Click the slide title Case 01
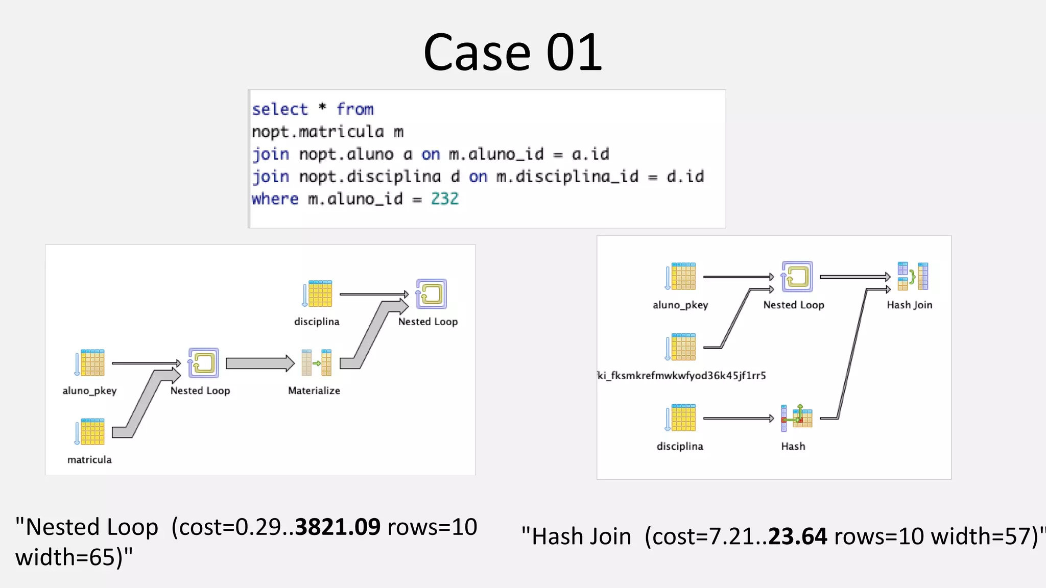512,52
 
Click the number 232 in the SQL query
444,199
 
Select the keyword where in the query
275,199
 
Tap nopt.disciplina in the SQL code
370,177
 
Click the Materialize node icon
317,362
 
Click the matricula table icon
90,432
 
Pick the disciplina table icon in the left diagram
317,293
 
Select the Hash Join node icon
913,276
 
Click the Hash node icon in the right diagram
796,418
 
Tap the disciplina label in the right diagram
680,446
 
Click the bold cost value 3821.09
338,527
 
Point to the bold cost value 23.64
797,536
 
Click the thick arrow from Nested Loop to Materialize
259,363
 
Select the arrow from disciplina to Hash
738,418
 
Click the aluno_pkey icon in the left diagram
90,363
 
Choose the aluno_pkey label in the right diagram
680,305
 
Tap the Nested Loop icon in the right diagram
796,277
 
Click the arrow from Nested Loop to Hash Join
855,277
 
